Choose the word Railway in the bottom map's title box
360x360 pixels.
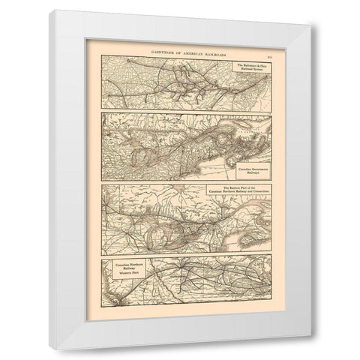[x=130, y=269]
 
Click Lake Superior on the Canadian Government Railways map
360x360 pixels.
[x=154, y=153]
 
